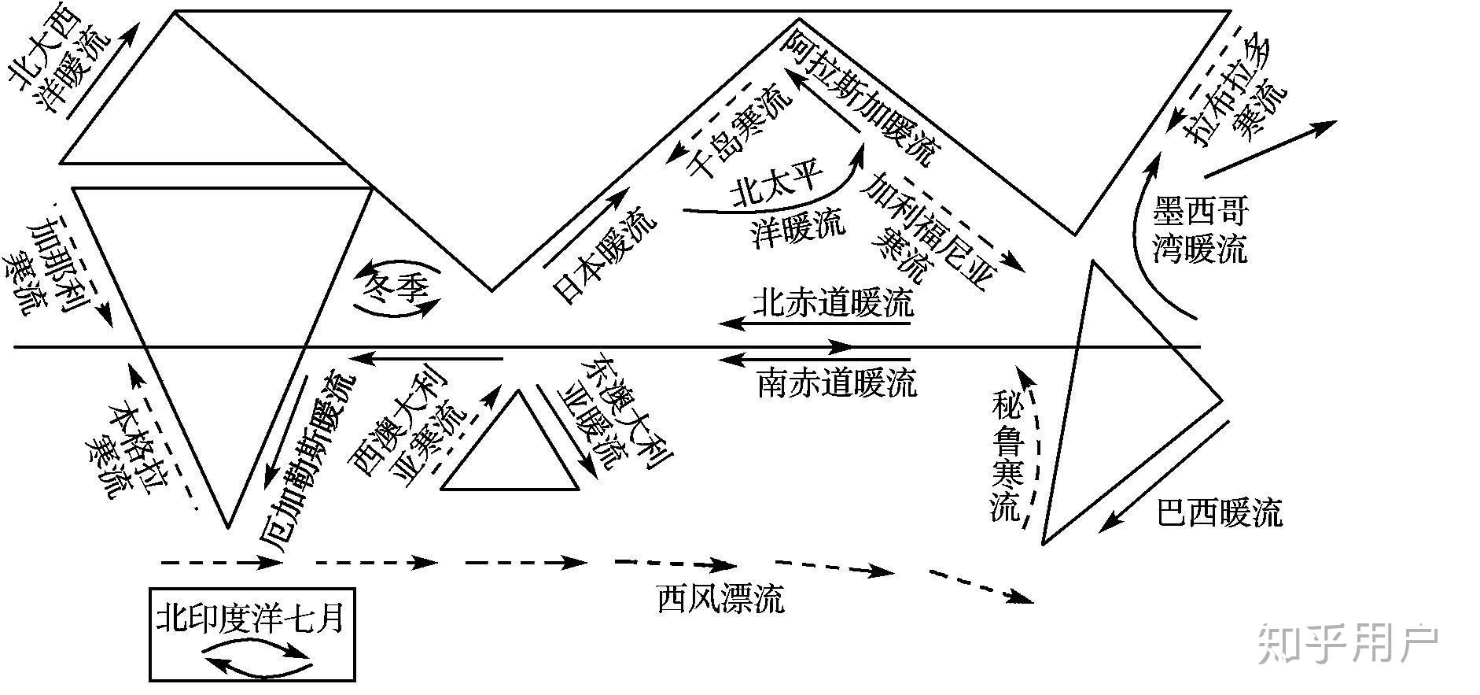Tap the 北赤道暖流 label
pyautogui.click(x=834, y=303)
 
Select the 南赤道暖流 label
pyautogui.click(x=837, y=383)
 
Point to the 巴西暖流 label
pyautogui.click(x=1220, y=513)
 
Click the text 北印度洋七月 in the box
pyautogui.click(x=251, y=618)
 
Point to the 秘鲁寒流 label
pyautogui.click(x=1007, y=457)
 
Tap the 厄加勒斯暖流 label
pyautogui.click(x=308, y=457)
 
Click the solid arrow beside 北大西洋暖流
pyautogui.click(x=105, y=70)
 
